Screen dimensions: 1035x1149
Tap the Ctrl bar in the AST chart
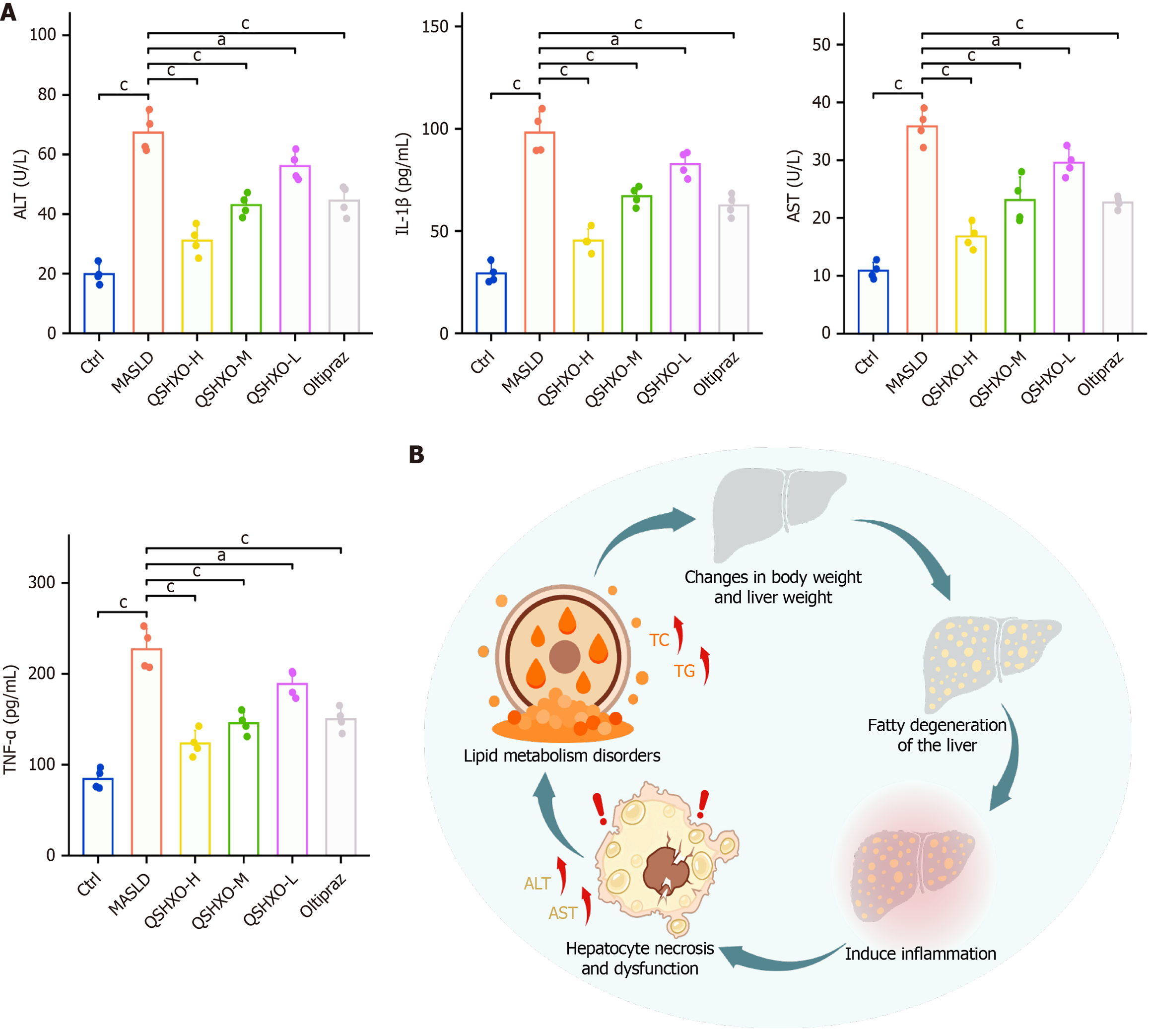[873, 301]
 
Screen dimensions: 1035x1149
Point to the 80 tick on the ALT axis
[47, 94]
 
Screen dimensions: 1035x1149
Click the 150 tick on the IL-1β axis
[435, 27]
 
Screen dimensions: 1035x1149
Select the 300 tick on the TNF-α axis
[42, 582]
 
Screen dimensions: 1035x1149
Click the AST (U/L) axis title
[794, 186]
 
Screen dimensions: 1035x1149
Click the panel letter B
[416, 455]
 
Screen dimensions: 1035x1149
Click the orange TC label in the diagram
[659, 640]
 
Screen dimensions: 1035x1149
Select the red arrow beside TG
[706, 665]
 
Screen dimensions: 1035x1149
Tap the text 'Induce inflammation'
[920, 954]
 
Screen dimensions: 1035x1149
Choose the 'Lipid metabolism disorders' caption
[562, 756]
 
